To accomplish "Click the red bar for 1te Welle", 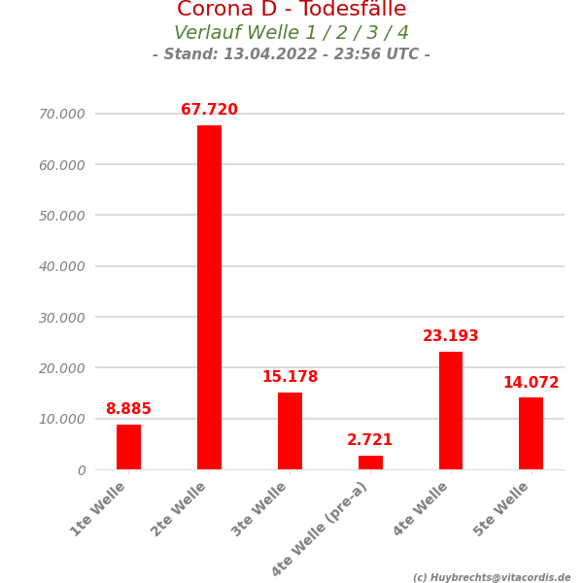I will click(x=128, y=447).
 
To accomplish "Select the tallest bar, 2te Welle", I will click(x=209, y=297).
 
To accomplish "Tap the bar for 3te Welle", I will click(x=290, y=430).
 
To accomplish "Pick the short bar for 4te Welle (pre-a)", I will click(x=370, y=463).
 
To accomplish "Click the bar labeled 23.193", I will click(x=451, y=410).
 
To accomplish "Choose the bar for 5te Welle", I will click(x=531, y=433).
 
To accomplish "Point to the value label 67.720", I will click(x=209, y=110).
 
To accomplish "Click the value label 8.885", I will click(x=128, y=409).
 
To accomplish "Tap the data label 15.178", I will click(x=290, y=377).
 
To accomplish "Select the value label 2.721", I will click(x=370, y=440).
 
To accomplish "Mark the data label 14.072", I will click(x=531, y=383).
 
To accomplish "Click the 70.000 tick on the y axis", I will click(x=62, y=114).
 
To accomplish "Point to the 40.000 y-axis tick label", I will click(x=62, y=266).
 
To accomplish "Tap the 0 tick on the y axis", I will click(x=82, y=470).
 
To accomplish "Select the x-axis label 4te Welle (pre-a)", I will click(x=321, y=528).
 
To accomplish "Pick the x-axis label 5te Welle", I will click(x=503, y=508).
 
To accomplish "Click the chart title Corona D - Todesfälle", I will click(x=291, y=10).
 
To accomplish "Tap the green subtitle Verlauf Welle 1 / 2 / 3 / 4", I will click(x=291, y=33).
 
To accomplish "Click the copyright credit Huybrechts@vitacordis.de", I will click(x=492, y=577).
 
